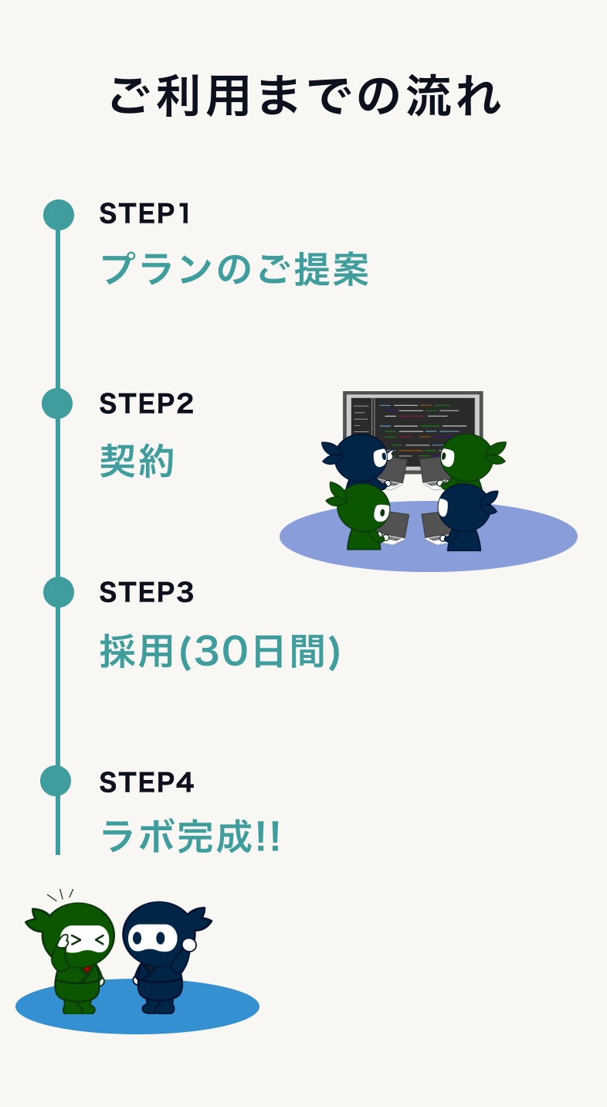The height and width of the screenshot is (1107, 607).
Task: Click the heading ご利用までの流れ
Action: pyautogui.click(x=304, y=97)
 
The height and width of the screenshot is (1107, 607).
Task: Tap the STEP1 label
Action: pyautogui.click(x=144, y=214)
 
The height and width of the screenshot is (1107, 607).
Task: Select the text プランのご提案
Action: pyautogui.click(x=234, y=270)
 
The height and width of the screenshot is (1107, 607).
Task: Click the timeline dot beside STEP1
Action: pyautogui.click(x=59, y=215)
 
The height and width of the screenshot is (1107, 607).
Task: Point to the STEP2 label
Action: pyautogui.click(x=146, y=404)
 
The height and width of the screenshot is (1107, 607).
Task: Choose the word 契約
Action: pyautogui.click(x=137, y=462)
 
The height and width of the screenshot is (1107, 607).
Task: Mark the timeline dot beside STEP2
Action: pyautogui.click(x=57, y=404)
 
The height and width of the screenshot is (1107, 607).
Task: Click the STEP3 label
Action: pyautogui.click(x=146, y=592)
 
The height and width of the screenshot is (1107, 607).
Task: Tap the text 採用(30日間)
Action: pyautogui.click(x=219, y=652)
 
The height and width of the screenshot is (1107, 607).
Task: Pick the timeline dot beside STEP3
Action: pyautogui.click(x=59, y=592)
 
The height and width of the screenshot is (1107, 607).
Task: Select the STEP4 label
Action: pyautogui.click(x=146, y=782)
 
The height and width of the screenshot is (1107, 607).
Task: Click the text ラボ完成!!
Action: pyautogui.click(x=190, y=836)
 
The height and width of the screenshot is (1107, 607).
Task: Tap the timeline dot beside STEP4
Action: pyautogui.click(x=56, y=781)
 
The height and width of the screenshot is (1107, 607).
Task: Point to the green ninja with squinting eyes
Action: pyautogui.click(x=76, y=955)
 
